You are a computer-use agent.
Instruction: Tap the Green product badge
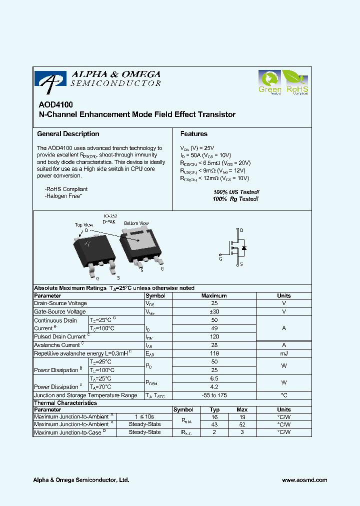click(x=270, y=82)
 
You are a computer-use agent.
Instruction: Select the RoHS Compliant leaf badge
click(x=296, y=82)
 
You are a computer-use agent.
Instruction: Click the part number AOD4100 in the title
click(x=55, y=105)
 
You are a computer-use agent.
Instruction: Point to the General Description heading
click(x=68, y=134)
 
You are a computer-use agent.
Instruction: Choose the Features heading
click(x=193, y=134)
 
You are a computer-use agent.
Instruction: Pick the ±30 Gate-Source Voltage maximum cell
click(x=214, y=312)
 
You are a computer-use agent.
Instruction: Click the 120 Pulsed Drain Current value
click(x=214, y=337)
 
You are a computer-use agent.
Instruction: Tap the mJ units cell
click(x=283, y=353)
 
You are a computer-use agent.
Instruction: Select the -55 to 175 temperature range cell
click(x=214, y=395)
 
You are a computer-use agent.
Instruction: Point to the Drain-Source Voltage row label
click(x=60, y=303)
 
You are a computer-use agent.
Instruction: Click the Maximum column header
click(x=214, y=296)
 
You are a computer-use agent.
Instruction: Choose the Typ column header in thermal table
click(x=214, y=410)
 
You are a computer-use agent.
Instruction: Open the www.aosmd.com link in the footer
click(x=304, y=480)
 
